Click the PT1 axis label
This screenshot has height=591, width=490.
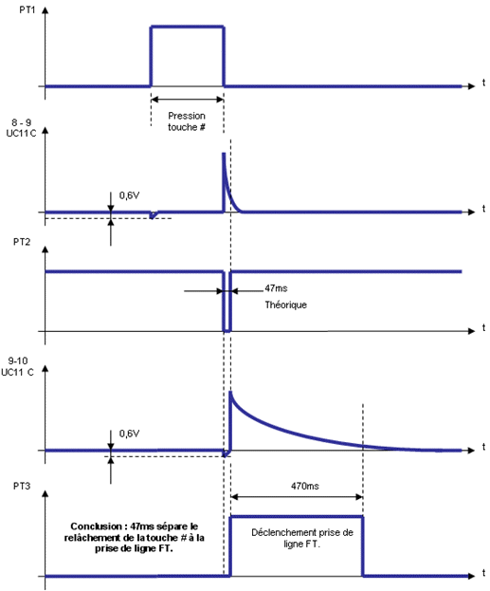coord(27,9)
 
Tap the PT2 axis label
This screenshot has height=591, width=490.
coord(22,242)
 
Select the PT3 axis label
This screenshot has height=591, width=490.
coord(22,486)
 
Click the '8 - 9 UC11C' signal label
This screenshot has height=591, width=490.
coord(21,128)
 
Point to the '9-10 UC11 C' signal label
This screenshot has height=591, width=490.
coord(18,366)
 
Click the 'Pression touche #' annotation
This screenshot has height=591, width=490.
coord(187,121)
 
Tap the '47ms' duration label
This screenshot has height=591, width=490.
coord(276,288)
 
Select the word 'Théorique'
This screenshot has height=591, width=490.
coord(286,305)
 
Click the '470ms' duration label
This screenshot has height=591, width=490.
coord(304,486)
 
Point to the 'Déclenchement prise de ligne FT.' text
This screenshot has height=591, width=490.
coord(302,538)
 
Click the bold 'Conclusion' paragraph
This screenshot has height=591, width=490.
coord(134,537)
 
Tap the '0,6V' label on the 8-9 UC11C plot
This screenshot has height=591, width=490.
coord(129,195)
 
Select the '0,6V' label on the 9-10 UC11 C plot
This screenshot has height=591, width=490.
coord(129,434)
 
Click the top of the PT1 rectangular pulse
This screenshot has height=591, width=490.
coord(188,27)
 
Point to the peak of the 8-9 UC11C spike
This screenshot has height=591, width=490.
coord(224,154)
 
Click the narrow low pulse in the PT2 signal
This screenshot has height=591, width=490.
coord(227,302)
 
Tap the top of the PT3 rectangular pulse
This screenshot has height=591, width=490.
coord(297,516)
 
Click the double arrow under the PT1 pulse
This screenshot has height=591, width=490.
coord(188,99)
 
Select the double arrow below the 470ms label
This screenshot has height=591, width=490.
coord(297,497)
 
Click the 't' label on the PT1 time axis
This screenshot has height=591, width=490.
coord(483,83)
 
